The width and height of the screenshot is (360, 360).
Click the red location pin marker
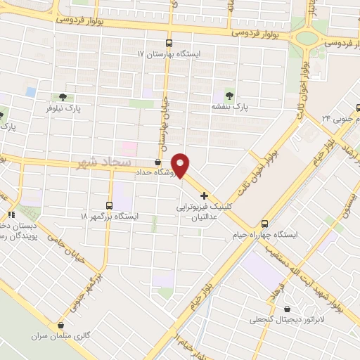(x=181, y=165)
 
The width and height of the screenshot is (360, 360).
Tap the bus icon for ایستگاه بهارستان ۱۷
(x=167, y=42)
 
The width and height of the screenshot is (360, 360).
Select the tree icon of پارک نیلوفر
(x=63, y=98)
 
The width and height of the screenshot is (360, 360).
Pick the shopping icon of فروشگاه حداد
(x=157, y=162)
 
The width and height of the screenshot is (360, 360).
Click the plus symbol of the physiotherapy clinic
(x=204, y=195)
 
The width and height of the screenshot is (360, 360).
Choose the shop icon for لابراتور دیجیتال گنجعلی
(x=286, y=308)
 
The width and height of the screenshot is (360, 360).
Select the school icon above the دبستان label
(x=11, y=215)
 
